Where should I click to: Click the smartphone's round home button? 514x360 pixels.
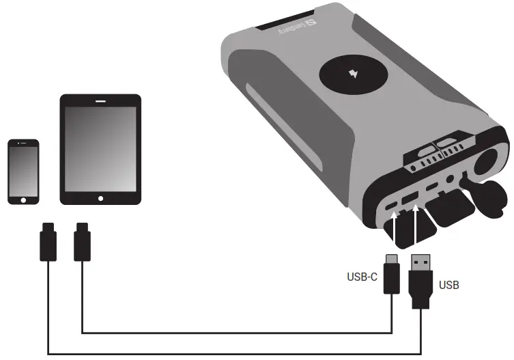pos(23,199)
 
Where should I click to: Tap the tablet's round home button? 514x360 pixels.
pos(101,198)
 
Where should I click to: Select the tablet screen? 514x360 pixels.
pos(101,149)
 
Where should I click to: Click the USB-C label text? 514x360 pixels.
pos(362,278)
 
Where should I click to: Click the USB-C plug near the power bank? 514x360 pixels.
pos(391,273)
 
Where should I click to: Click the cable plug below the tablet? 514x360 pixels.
pos(81,242)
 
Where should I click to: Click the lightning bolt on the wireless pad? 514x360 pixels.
pos(354,73)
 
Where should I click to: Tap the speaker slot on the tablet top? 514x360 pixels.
pos(101,101)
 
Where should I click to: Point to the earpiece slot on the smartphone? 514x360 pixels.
pos(23,144)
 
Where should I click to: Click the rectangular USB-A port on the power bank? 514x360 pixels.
pos(411,200)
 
